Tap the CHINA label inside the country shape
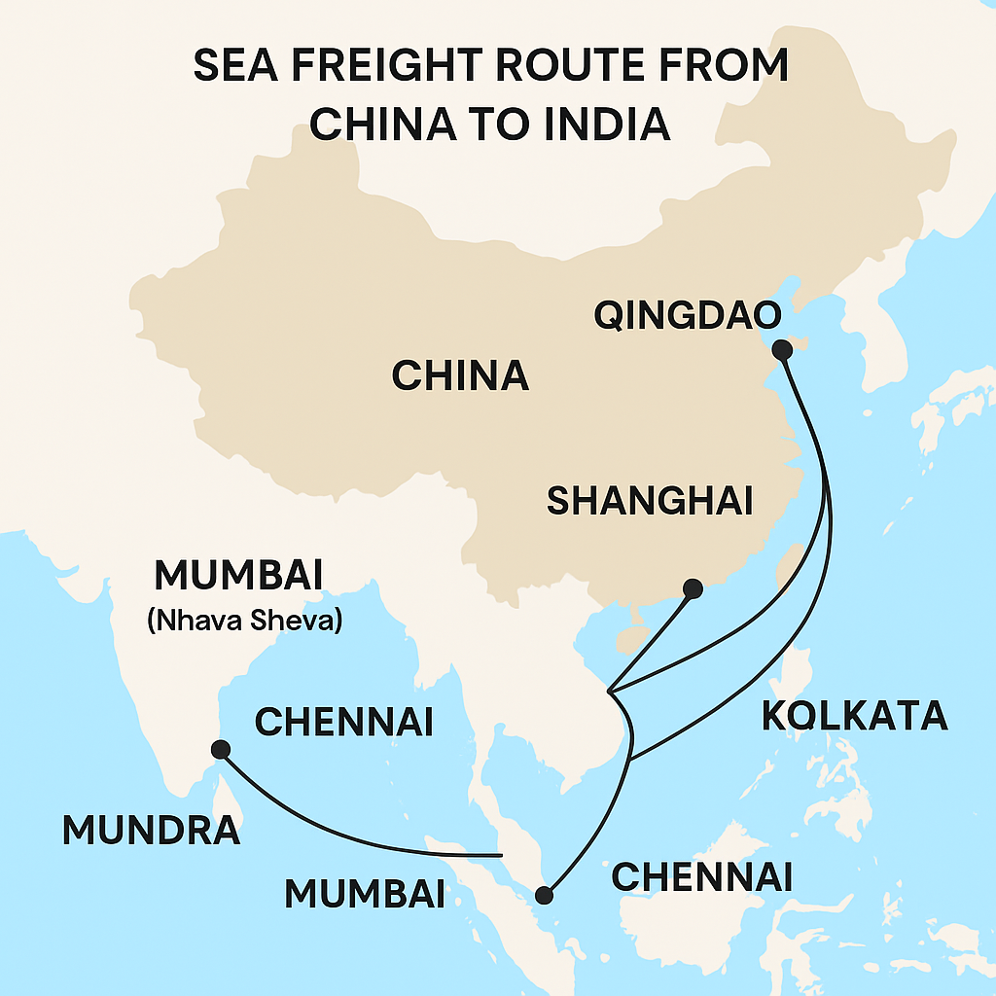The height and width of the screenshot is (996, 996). click(x=460, y=375)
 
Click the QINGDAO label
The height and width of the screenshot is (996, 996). click(x=690, y=317)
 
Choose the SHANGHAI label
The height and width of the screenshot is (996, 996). click(x=650, y=500)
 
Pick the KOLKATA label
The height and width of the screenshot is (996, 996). click(x=854, y=715)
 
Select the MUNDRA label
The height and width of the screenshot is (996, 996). click(x=151, y=830)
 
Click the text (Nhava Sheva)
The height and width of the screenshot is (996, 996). click(x=244, y=620)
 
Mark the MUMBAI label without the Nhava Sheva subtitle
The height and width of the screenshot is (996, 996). click(x=365, y=893)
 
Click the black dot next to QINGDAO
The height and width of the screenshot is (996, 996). click(x=781, y=349)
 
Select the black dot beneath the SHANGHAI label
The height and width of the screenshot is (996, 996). click(x=693, y=587)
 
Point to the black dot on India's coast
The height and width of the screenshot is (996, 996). click(x=221, y=749)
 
